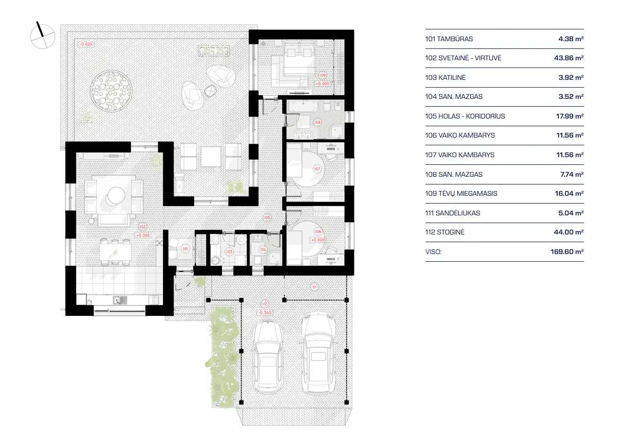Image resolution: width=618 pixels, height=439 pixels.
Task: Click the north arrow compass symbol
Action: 42,35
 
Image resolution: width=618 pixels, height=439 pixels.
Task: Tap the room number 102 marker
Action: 142,226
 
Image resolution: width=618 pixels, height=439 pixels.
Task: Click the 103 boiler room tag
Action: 229,251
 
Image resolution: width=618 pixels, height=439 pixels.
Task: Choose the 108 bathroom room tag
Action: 318,122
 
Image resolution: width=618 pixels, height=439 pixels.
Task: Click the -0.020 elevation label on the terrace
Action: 86,44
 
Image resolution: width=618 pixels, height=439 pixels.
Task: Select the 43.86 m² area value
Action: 565,58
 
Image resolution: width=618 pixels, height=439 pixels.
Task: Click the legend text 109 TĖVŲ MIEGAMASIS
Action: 461,194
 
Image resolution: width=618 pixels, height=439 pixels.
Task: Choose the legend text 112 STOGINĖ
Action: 445,232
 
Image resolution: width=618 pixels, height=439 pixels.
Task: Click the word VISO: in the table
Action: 434,252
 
